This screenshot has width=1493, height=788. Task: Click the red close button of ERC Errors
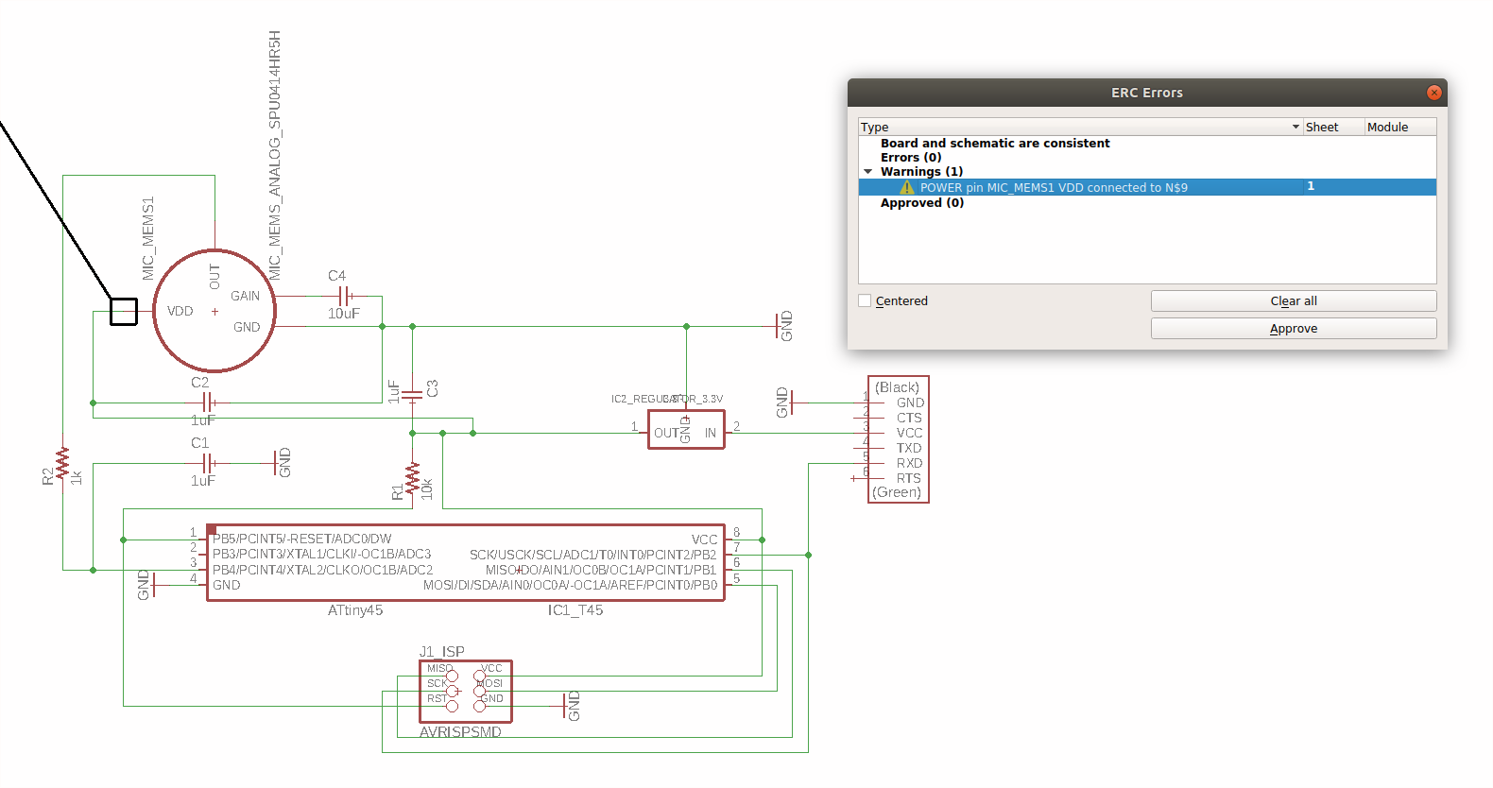pos(1433,93)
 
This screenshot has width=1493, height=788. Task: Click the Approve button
pos(1293,329)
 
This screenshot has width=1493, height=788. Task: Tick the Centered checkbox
pos(865,300)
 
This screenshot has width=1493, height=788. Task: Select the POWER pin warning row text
pos(1053,188)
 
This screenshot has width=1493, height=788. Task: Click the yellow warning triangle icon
pos(907,188)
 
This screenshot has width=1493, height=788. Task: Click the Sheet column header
pos(1321,127)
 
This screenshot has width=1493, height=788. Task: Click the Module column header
pos(1386,127)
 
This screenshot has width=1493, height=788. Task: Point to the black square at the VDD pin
pos(124,311)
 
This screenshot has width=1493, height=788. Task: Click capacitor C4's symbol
pos(344,296)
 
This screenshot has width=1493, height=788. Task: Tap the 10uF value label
pos(343,314)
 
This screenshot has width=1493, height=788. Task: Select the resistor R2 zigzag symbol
pos(62,464)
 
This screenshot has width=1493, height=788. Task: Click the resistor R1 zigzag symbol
pos(412,479)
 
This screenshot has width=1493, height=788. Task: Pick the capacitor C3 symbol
pos(412,395)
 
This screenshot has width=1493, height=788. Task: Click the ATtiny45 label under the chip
pos(355,610)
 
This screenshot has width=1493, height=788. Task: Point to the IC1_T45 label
pos(575,610)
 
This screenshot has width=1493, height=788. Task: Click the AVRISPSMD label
pos(460,732)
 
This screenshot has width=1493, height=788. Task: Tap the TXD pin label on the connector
pos(908,448)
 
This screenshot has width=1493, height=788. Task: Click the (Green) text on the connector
pos(896,492)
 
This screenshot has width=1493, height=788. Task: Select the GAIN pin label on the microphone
pos(245,296)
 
